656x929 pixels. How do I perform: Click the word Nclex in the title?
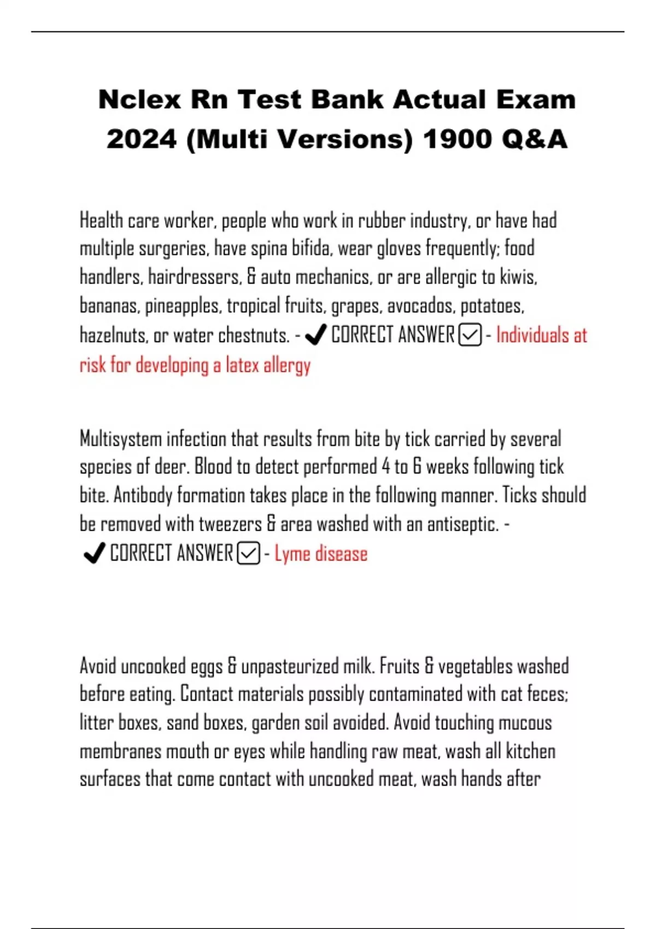[139, 100]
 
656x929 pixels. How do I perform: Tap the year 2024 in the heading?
[142, 139]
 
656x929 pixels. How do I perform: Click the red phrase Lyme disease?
[321, 554]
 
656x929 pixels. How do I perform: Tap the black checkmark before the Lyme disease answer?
[94, 553]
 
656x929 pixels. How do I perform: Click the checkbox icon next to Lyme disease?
[249, 554]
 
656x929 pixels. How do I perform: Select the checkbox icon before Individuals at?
[470, 335]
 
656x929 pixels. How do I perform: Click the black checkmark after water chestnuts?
[315, 335]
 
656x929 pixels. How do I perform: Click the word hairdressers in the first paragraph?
[195, 277]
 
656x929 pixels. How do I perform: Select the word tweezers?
[230, 524]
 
